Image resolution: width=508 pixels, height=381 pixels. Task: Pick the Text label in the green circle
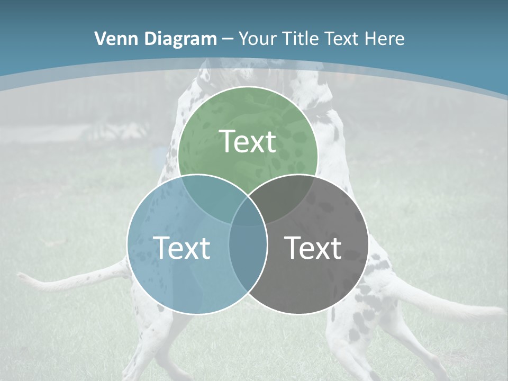(x=248, y=141)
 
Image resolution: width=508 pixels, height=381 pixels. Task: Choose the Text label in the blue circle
(x=182, y=248)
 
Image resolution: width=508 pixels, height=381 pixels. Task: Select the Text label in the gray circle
(x=313, y=248)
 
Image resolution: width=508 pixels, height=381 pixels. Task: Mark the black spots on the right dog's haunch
(x=365, y=296)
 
